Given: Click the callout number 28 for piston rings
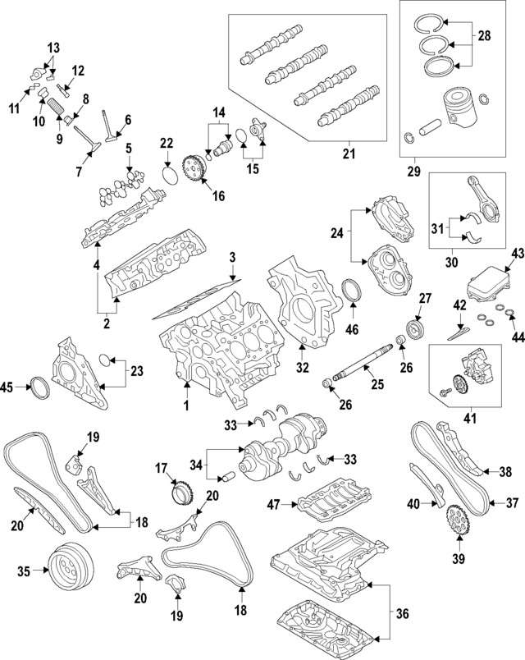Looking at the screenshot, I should (x=484, y=35).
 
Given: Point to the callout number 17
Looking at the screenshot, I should (x=162, y=470).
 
